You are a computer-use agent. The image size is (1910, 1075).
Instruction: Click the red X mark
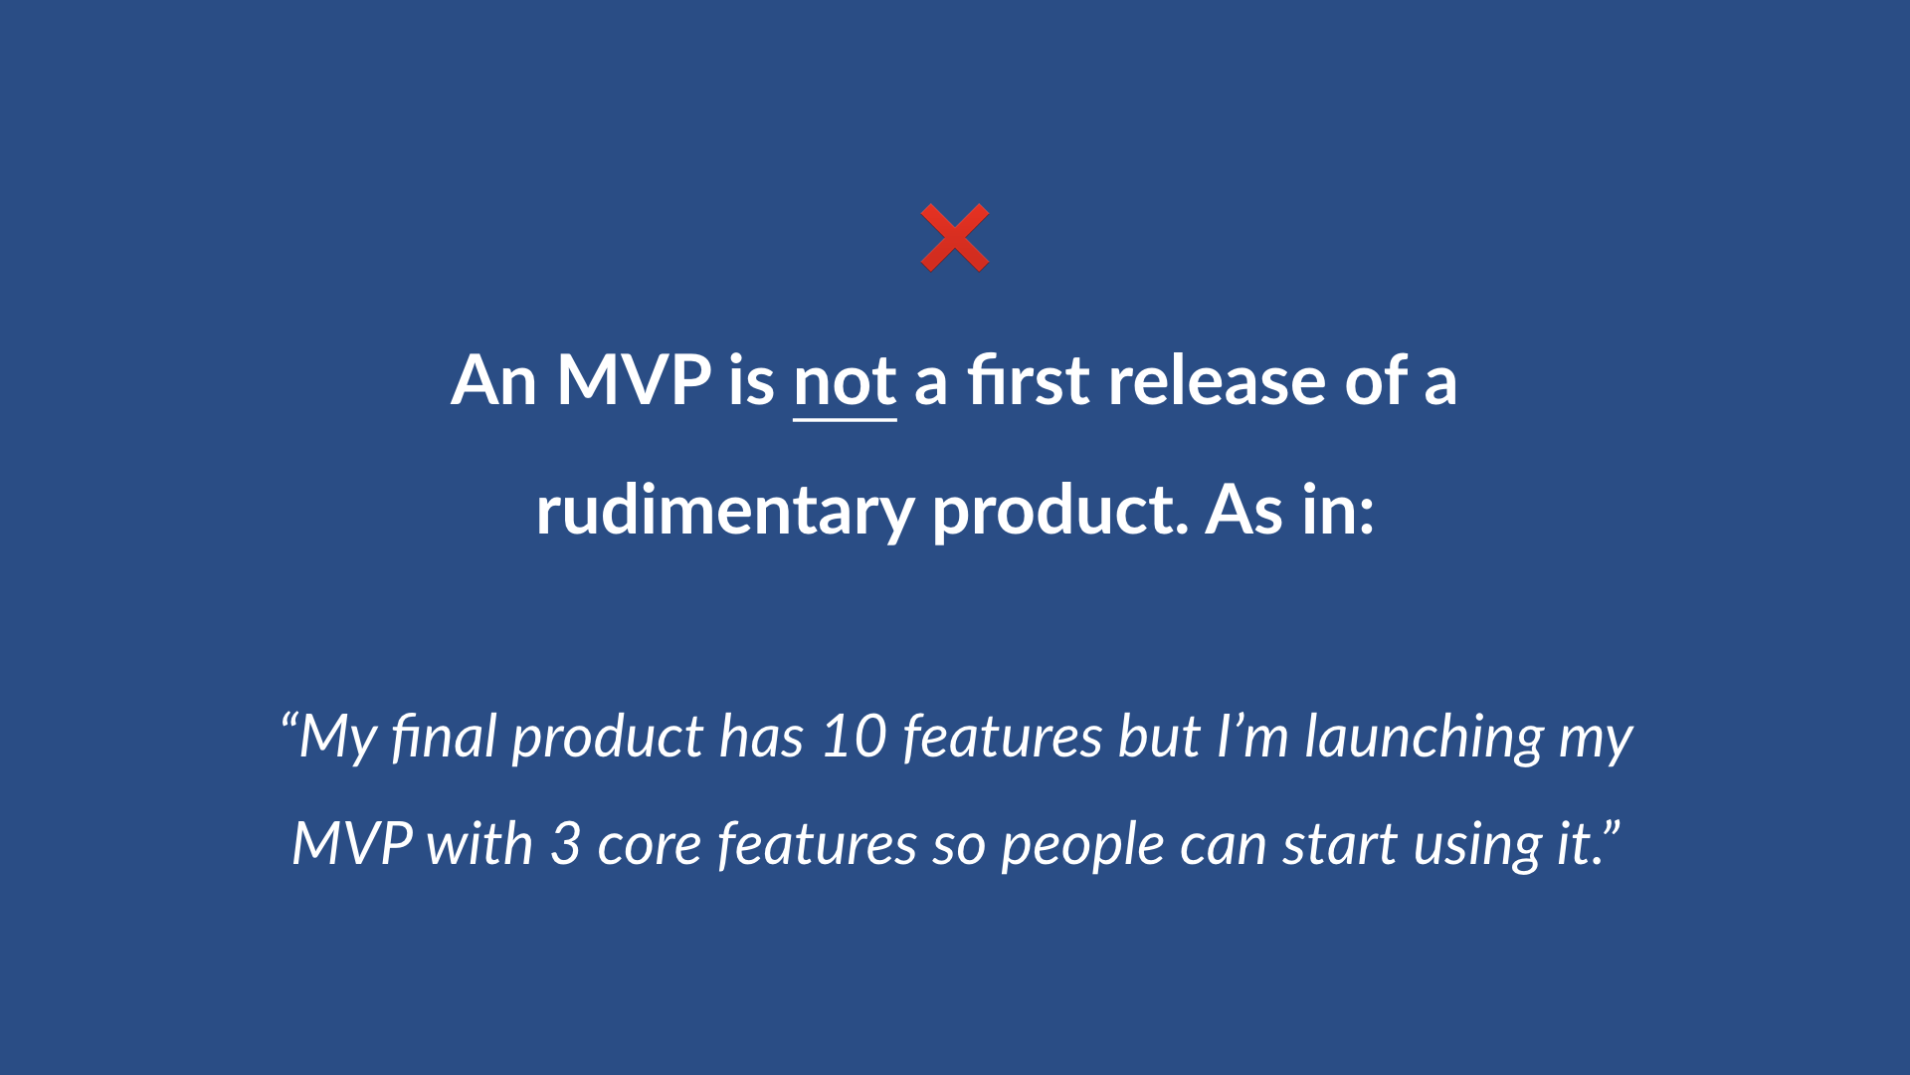954,238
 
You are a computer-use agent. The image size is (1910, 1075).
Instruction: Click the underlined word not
845,381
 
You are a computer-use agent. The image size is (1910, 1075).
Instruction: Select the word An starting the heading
493,381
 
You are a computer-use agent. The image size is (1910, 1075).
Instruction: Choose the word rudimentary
724,512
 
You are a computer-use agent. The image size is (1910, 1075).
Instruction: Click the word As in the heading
1243,510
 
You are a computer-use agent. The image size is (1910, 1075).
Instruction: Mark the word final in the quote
444,737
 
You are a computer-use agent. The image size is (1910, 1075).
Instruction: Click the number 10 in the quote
854,737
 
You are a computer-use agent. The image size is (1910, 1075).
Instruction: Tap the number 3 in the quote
565,844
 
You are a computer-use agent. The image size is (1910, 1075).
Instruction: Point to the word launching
1424,739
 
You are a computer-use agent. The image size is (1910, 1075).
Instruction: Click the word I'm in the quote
1252,737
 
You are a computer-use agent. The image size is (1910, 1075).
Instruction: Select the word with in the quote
479,844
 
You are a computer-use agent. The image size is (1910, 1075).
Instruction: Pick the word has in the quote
761,737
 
